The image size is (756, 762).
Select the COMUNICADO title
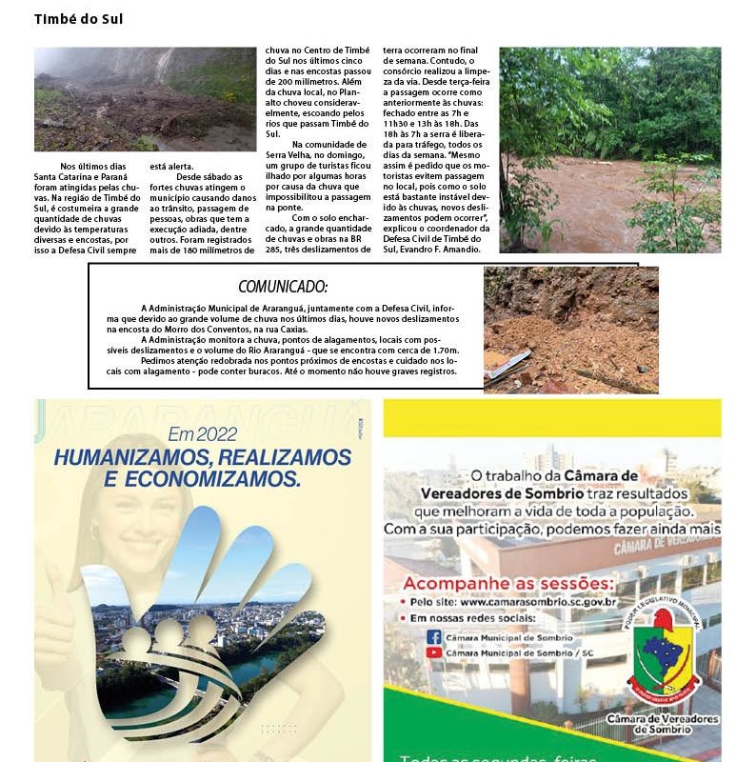coord(283,287)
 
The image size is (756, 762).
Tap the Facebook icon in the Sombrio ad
coord(434,636)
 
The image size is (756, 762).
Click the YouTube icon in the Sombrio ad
coord(434,652)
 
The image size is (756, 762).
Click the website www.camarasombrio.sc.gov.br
coord(538,602)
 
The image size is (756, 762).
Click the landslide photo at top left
coord(145,99)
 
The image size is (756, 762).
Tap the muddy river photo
coord(609,150)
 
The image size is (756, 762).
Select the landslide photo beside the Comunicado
coord(570,329)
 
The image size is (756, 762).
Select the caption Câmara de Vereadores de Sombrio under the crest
coord(662,724)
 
